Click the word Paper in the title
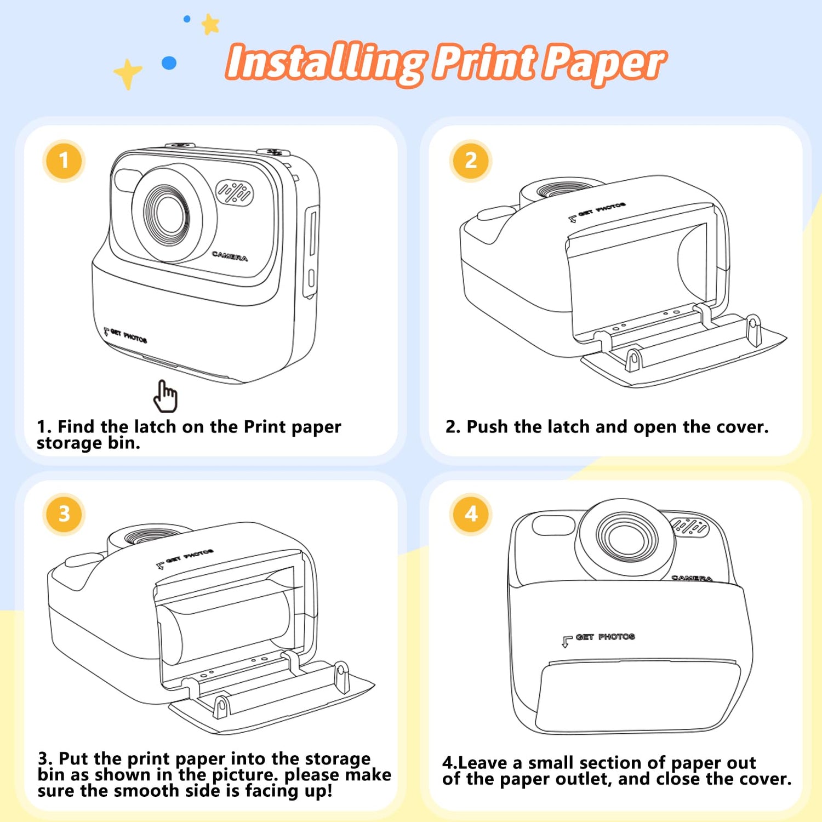pos(604,64)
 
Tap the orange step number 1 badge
pos(64,161)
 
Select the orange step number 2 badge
pos(471,161)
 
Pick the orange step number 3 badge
pos(64,514)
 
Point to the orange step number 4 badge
pos(471,514)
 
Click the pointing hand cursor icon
pos(165,396)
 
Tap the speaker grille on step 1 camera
pos(235,192)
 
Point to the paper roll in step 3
pos(225,627)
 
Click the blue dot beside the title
pos(169,63)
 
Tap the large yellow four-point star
pos(128,73)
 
